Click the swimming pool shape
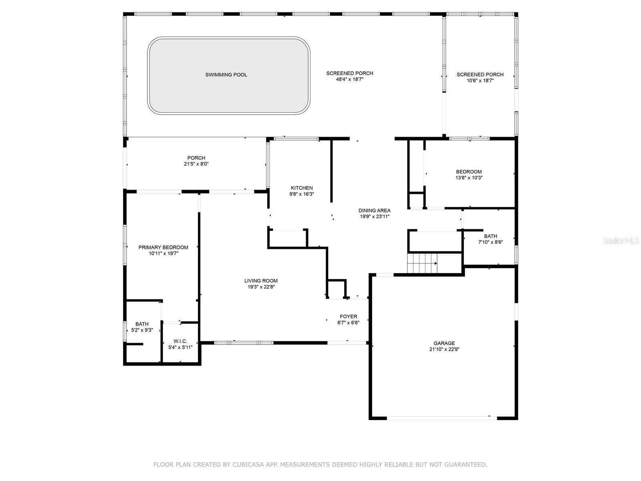228,75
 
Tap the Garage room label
444,343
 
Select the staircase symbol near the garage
422,263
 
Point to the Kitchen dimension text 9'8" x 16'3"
302,194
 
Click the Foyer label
349,317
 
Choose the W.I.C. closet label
180,341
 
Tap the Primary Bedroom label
163,247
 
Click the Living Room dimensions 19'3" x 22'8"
261,287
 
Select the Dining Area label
374,210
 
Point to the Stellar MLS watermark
621,241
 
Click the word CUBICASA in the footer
248,464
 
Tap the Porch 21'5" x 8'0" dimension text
196,164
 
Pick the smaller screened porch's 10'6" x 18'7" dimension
480,81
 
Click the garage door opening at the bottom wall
442,418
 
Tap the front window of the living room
244,343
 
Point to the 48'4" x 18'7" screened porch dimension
350,79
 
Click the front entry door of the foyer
347,343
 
